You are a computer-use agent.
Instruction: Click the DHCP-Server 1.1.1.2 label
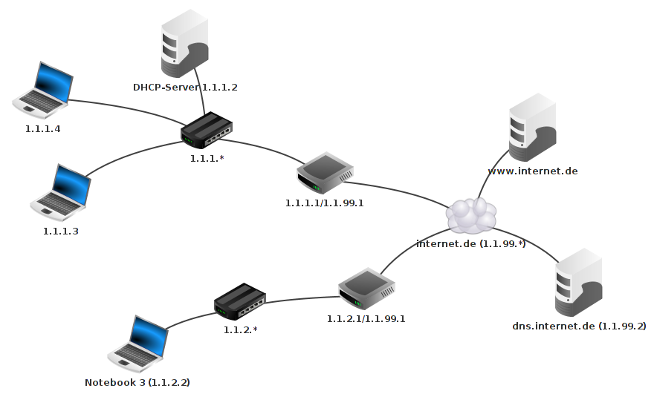pyautogui.click(x=185, y=88)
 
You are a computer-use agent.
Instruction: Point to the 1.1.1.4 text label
pyautogui.click(x=42, y=128)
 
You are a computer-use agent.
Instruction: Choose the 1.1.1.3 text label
pyautogui.click(x=61, y=231)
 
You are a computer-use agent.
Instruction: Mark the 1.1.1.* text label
pyautogui.click(x=207, y=158)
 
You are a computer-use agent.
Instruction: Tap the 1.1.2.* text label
pyautogui.click(x=240, y=329)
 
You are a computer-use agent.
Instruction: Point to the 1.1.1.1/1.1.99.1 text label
pyautogui.click(x=324, y=203)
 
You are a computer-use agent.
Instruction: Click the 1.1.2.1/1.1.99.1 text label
pyautogui.click(x=366, y=318)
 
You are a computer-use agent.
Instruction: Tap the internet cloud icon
pyautogui.click(x=471, y=215)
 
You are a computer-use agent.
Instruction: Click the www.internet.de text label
pyautogui.click(x=532, y=171)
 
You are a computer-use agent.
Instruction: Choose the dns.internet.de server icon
pyautogui.click(x=579, y=285)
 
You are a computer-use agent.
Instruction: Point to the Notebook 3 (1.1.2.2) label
pyautogui.click(x=137, y=383)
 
